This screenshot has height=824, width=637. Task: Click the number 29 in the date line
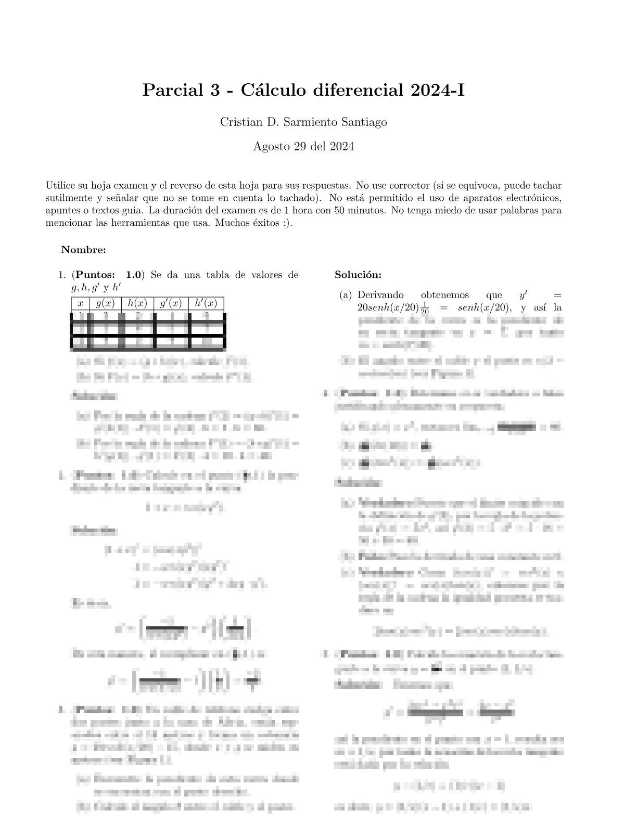tap(299, 147)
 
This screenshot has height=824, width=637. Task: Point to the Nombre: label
tap(83, 250)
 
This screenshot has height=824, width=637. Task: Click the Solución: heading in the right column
tap(358, 275)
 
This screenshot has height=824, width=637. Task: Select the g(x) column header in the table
tap(106, 304)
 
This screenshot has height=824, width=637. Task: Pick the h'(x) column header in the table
tap(206, 304)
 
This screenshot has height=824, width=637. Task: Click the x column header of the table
tap(80, 304)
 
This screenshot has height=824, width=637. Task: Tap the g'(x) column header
tap(171, 304)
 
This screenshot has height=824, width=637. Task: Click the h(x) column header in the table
tap(137, 304)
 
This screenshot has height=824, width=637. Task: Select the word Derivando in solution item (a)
tap(380, 295)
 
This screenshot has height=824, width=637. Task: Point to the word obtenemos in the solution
tap(445, 295)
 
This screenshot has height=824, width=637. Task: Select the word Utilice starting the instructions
tap(60, 185)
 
